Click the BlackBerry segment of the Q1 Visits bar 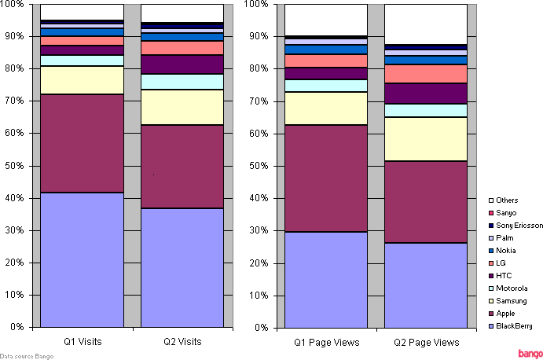tap(82, 259)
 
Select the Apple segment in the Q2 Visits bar tap(182, 167)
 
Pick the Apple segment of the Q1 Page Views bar tap(325, 178)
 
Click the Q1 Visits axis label tap(82, 342)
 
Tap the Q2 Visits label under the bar tap(182, 342)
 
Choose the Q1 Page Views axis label tap(325, 342)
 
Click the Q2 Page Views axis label tap(426, 342)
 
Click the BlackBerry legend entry tap(514, 326)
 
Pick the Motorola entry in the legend tap(511, 288)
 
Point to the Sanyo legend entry tap(507, 213)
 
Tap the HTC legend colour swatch tap(490, 276)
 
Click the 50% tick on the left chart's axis tap(16, 166)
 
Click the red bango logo tap(528, 352)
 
